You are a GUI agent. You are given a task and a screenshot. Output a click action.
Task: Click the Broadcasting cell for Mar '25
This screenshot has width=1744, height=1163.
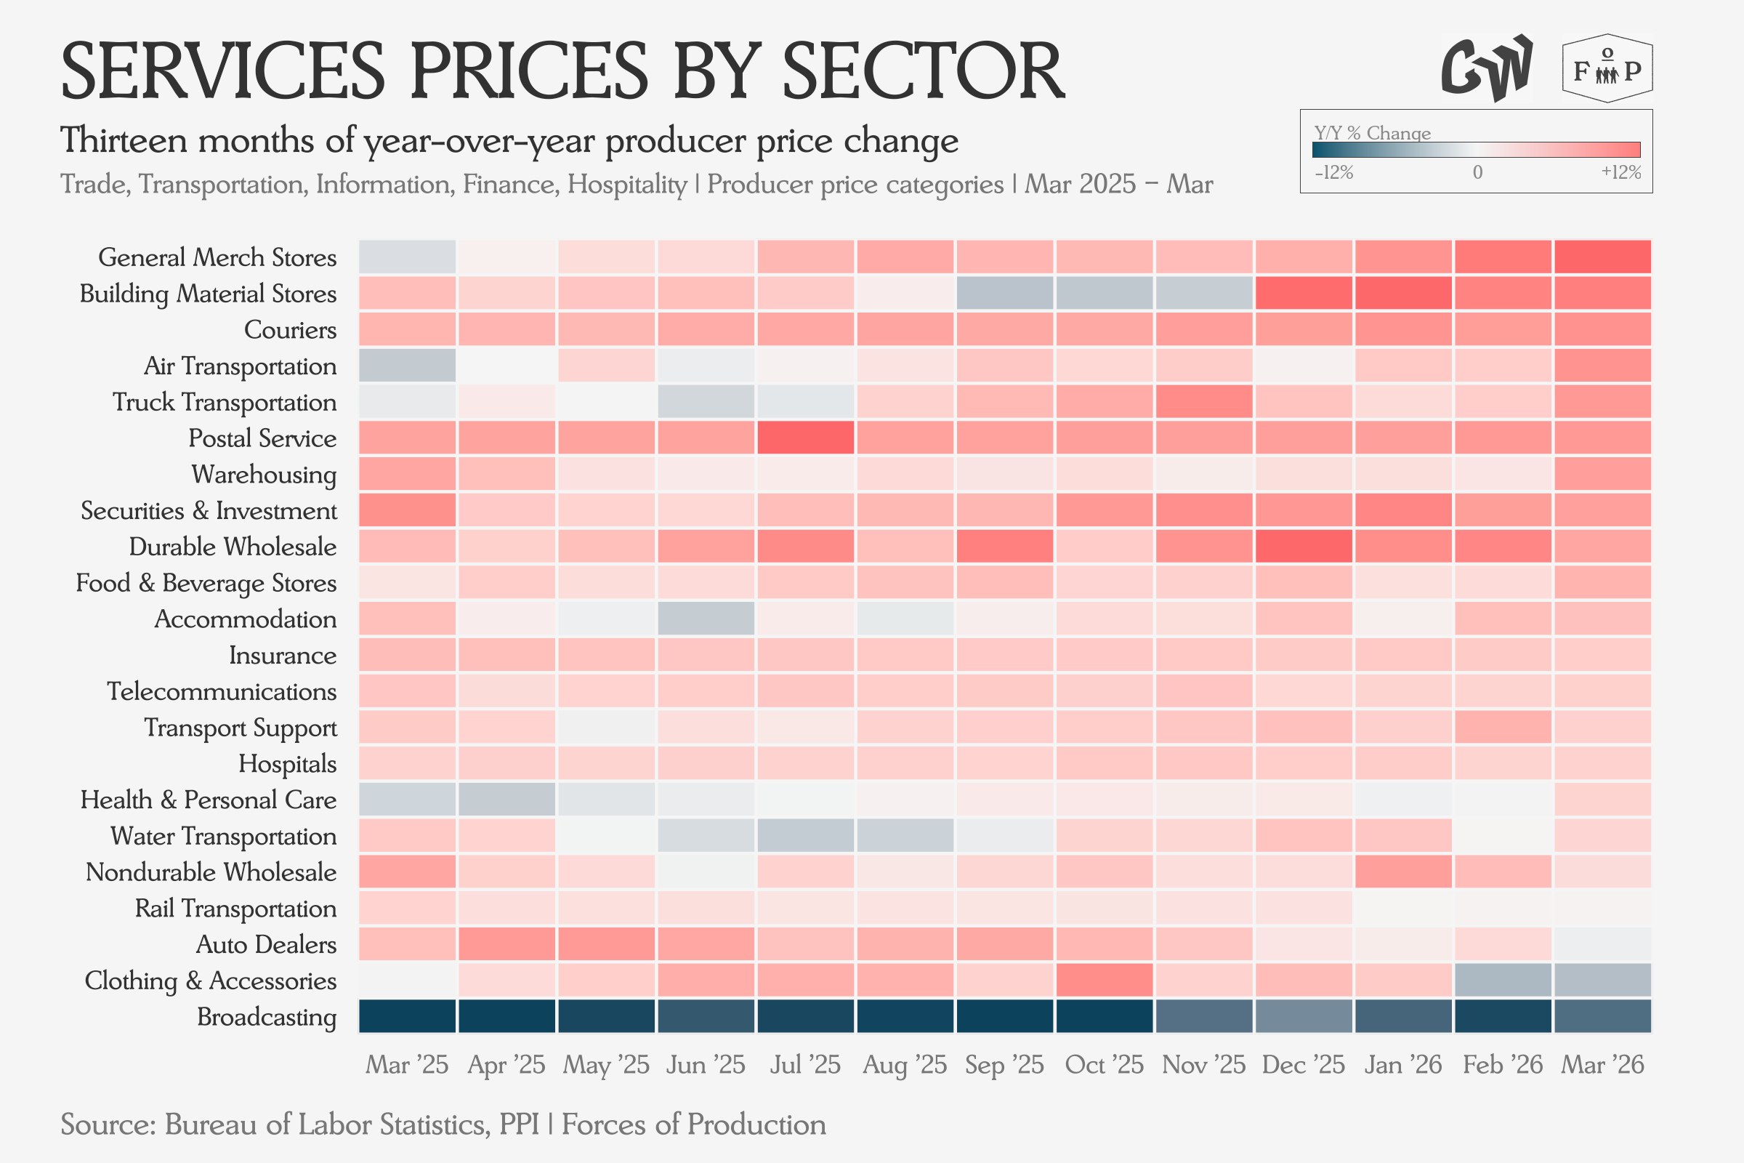[407, 1016]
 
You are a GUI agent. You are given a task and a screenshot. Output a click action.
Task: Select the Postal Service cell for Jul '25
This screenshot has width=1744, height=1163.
[805, 438]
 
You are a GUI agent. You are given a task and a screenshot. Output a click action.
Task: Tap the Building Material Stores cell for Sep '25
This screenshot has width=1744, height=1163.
[1005, 293]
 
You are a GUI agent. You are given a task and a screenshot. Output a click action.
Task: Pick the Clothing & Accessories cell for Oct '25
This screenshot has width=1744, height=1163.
[1104, 980]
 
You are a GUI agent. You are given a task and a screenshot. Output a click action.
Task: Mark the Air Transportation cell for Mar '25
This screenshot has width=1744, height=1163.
[407, 365]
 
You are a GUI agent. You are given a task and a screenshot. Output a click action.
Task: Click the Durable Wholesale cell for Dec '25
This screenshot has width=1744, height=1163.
[1304, 546]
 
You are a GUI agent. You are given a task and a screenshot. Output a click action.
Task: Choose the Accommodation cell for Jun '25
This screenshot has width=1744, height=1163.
[706, 619]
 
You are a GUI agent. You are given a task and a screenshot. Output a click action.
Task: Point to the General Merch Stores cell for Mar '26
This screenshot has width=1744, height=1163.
[1602, 257]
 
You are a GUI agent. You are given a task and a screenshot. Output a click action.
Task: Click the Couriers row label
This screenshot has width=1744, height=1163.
[290, 329]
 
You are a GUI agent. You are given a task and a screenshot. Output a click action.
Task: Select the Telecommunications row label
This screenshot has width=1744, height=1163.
[222, 691]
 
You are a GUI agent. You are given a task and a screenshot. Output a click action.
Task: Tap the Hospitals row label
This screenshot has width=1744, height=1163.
[288, 764]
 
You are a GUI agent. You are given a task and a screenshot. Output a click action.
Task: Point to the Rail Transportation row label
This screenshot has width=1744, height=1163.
[235, 909]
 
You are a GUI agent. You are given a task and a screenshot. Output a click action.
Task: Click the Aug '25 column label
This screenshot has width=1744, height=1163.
[905, 1065]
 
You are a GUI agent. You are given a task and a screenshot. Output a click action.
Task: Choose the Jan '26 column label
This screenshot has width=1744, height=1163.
[1403, 1065]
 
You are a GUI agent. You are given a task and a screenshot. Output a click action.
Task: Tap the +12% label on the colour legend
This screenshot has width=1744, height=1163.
[1621, 172]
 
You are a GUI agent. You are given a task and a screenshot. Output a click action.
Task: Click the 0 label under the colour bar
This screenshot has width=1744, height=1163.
[1477, 172]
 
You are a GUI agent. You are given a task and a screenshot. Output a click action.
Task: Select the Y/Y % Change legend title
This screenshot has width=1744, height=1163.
[1373, 134]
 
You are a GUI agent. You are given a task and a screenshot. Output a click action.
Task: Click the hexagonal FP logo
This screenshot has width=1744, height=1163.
[1607, 68]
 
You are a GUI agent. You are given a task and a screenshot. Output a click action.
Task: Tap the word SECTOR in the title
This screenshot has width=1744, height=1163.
[924, 71]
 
